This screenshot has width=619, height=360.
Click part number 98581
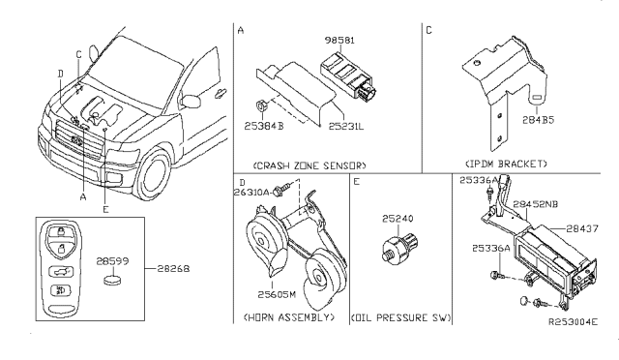pos(339,41)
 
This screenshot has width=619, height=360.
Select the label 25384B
pos(264,126)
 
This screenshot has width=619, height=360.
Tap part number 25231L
pos(346,126)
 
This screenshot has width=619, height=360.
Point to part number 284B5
pos(538,120)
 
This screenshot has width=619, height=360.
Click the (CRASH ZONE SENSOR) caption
pos(309,165)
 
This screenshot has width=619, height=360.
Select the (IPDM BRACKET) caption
pos(506,164)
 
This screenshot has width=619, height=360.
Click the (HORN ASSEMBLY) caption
pos(289,317)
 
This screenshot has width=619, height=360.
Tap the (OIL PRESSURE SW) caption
pos(401,317)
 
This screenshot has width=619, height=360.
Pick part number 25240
pos(398,219)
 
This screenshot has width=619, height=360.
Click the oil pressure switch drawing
pos(399,246)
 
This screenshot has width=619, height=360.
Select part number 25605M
pos(277,295)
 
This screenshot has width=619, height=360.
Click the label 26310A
pos(251,192)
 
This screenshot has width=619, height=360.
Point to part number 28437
pos(582,228)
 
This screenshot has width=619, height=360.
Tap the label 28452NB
pos(536,204)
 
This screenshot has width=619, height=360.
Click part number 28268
pos(173,269)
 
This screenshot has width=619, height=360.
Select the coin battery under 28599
pos(112,280)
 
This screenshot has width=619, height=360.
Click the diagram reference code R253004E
pos(573,321)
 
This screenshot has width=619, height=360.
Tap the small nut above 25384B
pos(260,106)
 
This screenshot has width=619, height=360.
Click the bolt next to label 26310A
pos(282,190)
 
